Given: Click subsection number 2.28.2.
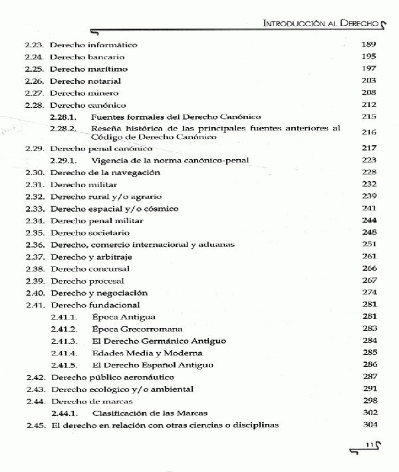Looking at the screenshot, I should click(x=63, y=128).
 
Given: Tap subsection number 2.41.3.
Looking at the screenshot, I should click(x=63, y=341).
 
